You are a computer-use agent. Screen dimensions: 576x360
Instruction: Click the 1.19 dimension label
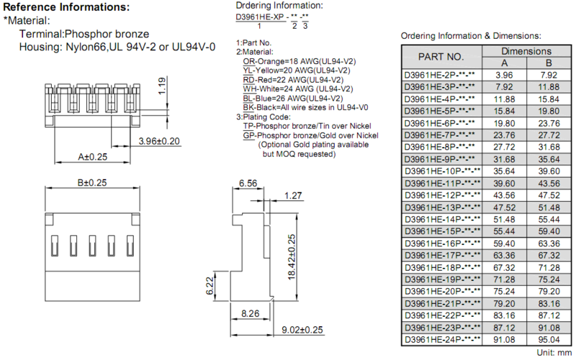point(161,86)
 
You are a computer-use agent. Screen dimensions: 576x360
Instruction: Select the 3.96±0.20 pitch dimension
point(159,141)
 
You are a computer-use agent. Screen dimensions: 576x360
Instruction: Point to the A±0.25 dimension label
point(93,157)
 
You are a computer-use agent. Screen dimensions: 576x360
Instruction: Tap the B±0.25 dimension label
point(92,183)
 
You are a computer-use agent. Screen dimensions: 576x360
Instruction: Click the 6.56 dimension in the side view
point(248,183)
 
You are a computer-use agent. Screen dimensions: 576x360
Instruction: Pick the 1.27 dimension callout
point(293,195)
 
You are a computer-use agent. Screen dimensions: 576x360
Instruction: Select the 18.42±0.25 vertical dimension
point(292,257)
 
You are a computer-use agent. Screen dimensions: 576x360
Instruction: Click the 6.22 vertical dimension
point(210,286)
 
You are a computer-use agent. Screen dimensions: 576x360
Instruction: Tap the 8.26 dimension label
point(250,314)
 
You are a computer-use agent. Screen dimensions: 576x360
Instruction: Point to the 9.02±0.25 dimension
point(302,330)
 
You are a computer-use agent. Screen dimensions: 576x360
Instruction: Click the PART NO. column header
point(441,57)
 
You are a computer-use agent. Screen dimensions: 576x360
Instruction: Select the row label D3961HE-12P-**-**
point(442,195)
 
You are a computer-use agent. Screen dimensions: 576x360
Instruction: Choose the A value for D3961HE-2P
point(504,75)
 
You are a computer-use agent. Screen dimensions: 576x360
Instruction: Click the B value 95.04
point(549,339)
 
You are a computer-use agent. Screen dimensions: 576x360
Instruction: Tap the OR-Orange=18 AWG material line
point(300,61)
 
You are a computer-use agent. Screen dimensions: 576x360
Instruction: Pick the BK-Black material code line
point(305,107)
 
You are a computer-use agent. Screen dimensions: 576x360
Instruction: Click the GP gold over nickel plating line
point(311,135)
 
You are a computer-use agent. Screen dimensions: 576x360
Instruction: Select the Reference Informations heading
point(66,7)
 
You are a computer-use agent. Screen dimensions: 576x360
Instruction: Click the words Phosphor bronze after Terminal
point(107,34)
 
